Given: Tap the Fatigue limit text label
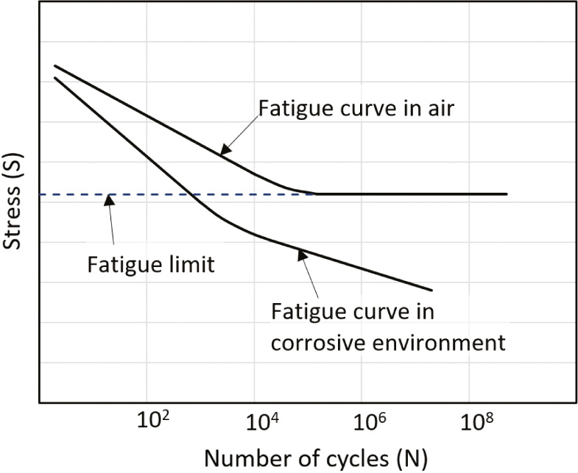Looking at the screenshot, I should click(151, 264).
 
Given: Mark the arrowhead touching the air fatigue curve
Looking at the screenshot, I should click(223, 152).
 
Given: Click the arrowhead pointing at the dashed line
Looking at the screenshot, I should click(108, 199).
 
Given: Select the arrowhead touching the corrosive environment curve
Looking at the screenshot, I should click(300, 254).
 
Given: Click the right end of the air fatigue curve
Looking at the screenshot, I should click(507, 194).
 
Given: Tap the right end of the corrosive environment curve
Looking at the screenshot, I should click(431, 289).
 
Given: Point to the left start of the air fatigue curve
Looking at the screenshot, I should click(54, 66).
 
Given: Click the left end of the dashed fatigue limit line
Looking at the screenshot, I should click(41, 195).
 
